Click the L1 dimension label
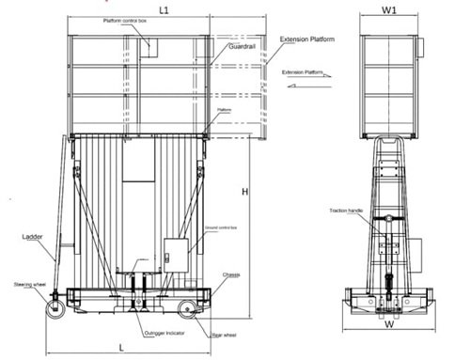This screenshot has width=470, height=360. [164, 9]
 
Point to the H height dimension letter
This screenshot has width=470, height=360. [245, 191]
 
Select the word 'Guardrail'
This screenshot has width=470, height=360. [243, 45]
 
